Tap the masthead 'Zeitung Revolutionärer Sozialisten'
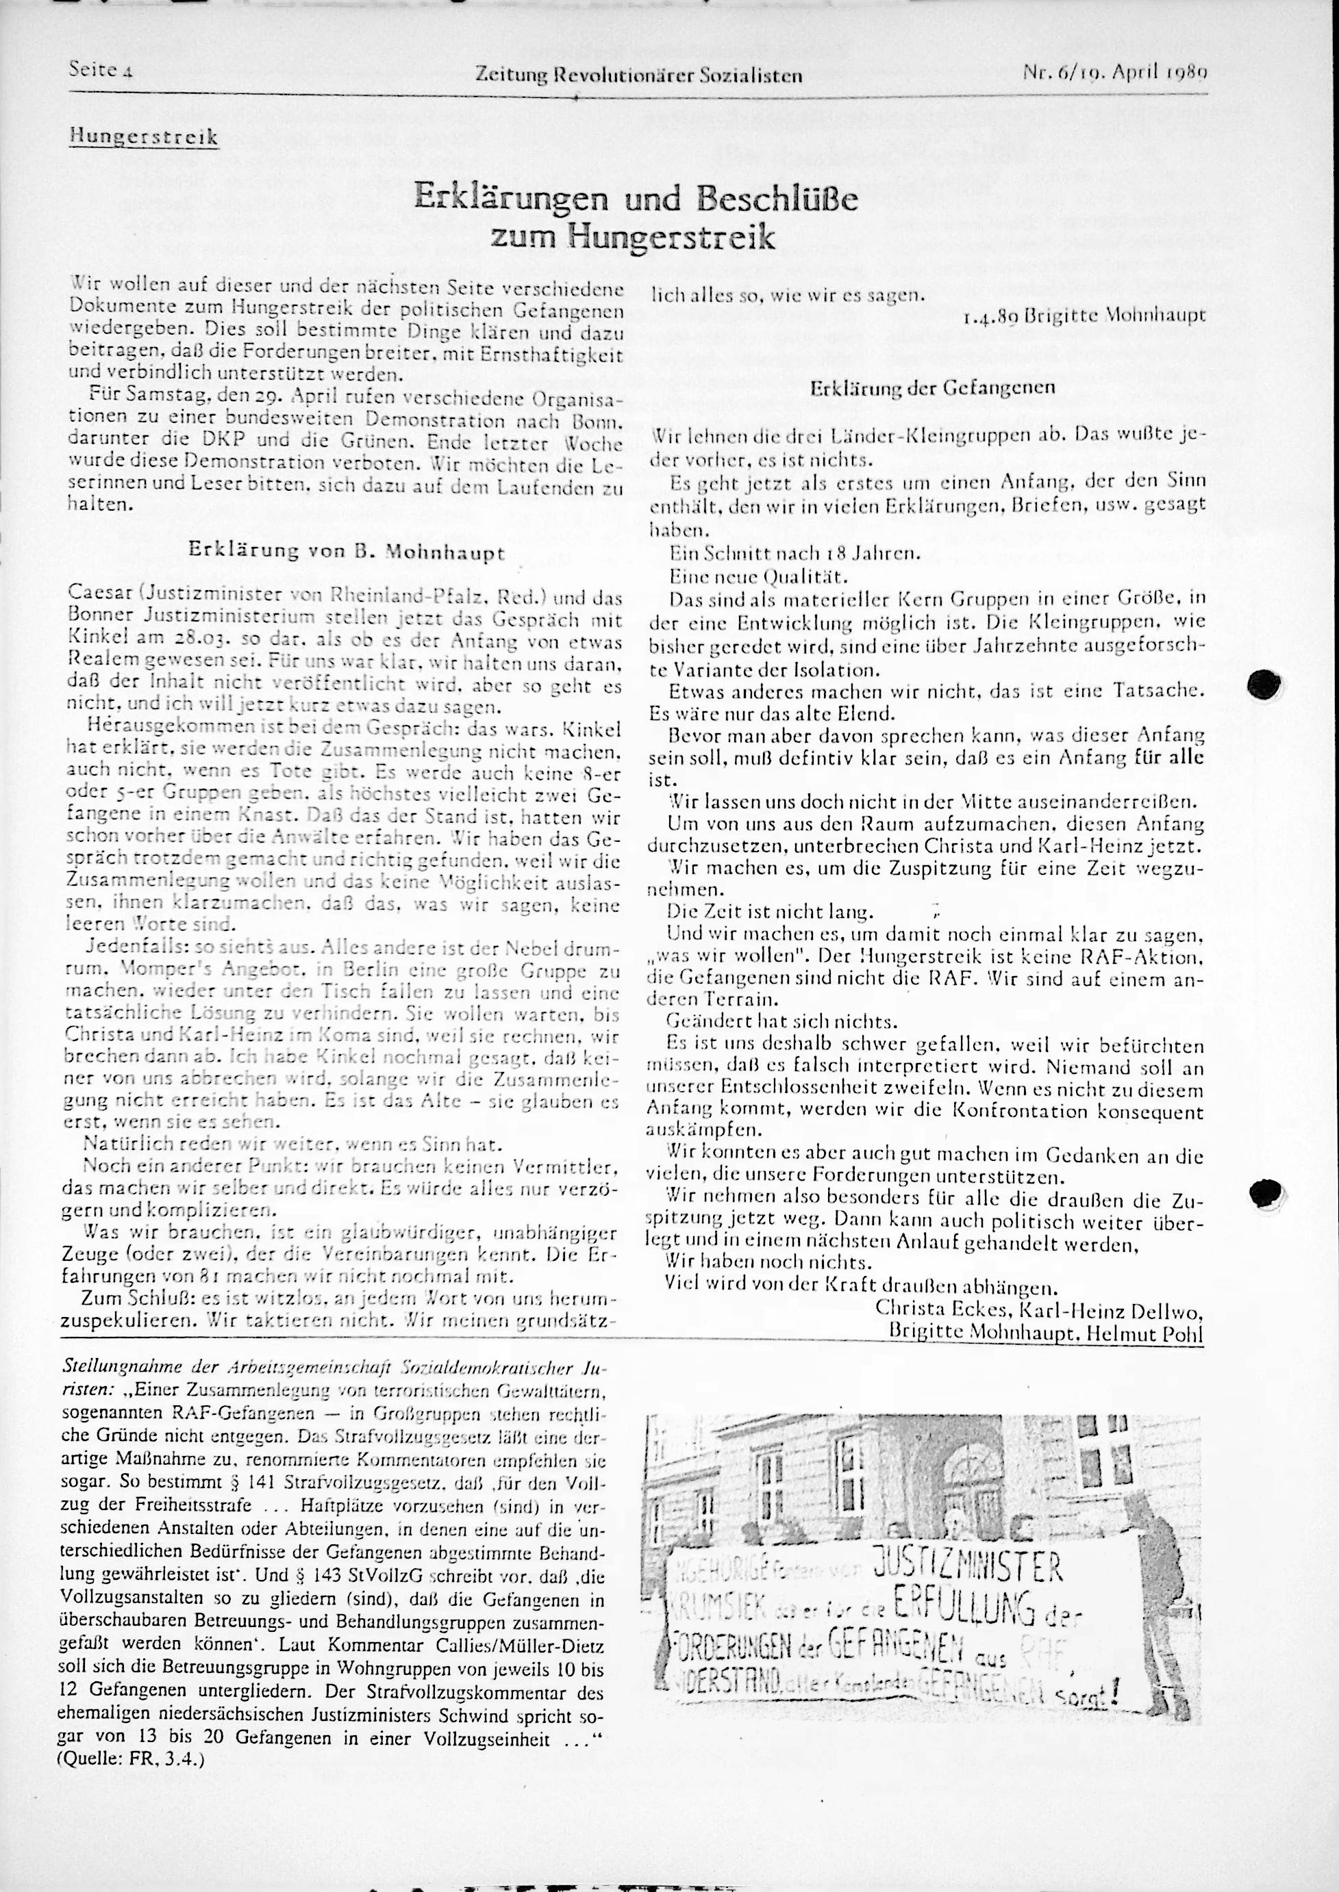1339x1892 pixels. (x=639, y=77)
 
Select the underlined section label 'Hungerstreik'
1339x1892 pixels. (x=143, y=136)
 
